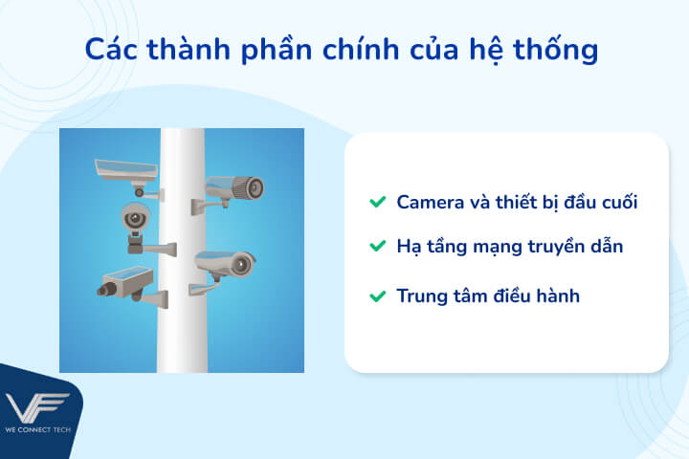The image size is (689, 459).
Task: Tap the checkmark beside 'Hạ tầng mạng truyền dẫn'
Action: [x=377, y=247]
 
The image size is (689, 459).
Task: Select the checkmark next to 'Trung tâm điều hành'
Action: [x=377, y=296]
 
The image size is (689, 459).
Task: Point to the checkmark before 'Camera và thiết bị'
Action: [x=377, y=202]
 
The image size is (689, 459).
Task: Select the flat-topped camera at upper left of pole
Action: [x=124, y=170]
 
